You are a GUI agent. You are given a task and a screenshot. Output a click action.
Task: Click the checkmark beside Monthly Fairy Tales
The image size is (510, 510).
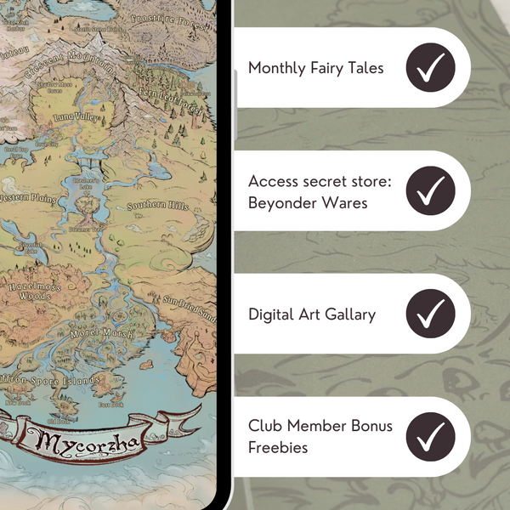(x=431, y=67)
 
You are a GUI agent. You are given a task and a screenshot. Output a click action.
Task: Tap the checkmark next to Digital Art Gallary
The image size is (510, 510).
(x=431, y=314)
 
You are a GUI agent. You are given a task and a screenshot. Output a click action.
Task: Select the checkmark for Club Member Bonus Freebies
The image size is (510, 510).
(x=431, y=438)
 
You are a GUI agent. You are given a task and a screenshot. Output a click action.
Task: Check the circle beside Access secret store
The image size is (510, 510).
(x=431, y=191)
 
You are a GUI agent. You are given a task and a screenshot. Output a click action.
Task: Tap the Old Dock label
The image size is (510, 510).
(x=59, y=421)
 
